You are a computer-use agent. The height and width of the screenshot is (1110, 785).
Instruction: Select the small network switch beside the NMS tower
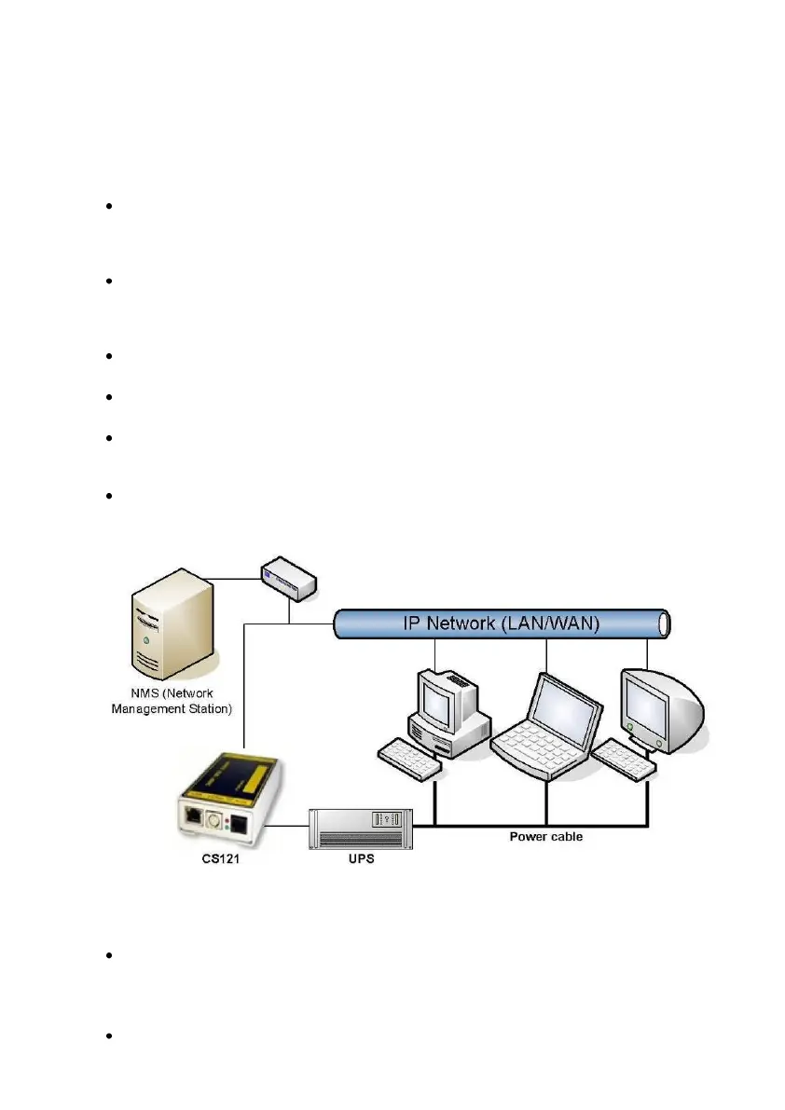point(288,581)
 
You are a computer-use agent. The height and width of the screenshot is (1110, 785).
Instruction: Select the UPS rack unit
point(362,828)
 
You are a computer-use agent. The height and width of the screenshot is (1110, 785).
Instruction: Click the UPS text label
point(361,858)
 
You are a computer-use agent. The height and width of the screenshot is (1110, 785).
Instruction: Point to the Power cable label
point(545,836)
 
